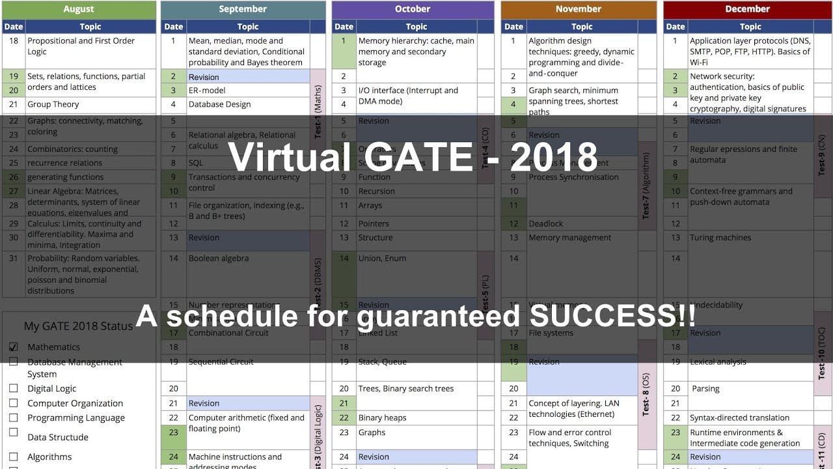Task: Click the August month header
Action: pos(79,9)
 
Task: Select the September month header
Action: pos(243,9)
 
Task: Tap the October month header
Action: pos(413,9)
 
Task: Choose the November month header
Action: pos(579,9)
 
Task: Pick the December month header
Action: pos(748,9)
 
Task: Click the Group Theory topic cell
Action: pos(53,104)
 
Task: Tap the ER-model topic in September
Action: pos(207,91)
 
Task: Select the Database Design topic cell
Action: pos(219,104)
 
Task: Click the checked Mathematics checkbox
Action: pos(14,347)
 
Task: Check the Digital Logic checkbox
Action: pos(14,388)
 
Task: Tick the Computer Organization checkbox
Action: pos(14,403)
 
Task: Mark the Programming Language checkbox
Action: pos(14,418)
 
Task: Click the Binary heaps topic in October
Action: pos(382,418)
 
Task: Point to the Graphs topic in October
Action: pos(372,433)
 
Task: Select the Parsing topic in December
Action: pos(705,389)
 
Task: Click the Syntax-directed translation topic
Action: pos(739,418)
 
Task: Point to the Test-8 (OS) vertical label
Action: pos(646,394)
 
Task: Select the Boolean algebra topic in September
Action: pos(219,259)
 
